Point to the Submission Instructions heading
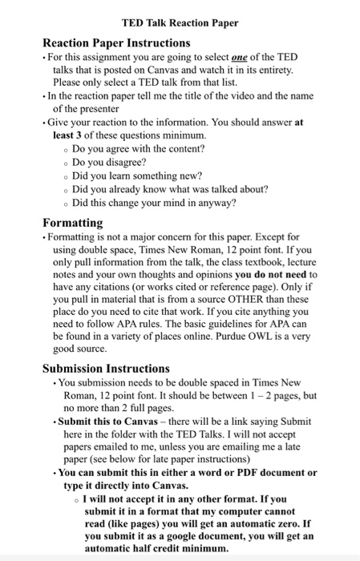[106, 369]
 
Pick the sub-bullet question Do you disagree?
[115, 160]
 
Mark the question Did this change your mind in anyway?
[154, 202]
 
